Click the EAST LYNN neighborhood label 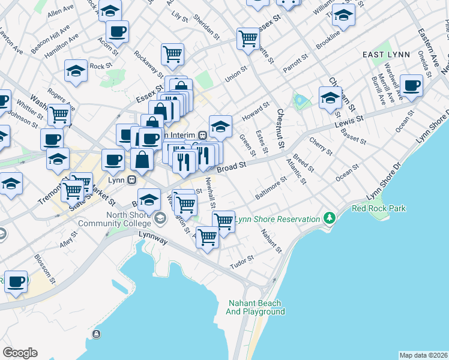(x=386, y=55)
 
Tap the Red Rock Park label (x=379, y=209)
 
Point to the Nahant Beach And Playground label (x=255, y=307)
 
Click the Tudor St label (x=243, y=262)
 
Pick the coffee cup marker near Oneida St (x=411, y=85)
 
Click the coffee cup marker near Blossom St (x=16, y=280)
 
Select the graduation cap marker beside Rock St (x=76, y=70)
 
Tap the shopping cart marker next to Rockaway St (x=172, y=54)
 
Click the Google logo (x=20, y=352)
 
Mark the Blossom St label (x=45, y=271)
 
